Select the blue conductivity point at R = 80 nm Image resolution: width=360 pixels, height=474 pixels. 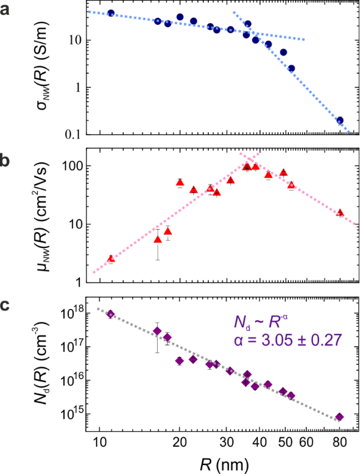point(340,120)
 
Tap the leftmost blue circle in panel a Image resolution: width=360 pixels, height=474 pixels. point(111,13)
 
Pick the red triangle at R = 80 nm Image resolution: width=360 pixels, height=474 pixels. point(340,213)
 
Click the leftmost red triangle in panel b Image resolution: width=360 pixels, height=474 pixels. point(111,259)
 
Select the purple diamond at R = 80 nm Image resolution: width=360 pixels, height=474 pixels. point(339,417)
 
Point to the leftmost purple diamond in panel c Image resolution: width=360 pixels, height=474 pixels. point(110,314)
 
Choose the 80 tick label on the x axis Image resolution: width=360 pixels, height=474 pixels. point(340,442)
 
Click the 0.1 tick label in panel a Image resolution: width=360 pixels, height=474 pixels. point(73,135)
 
